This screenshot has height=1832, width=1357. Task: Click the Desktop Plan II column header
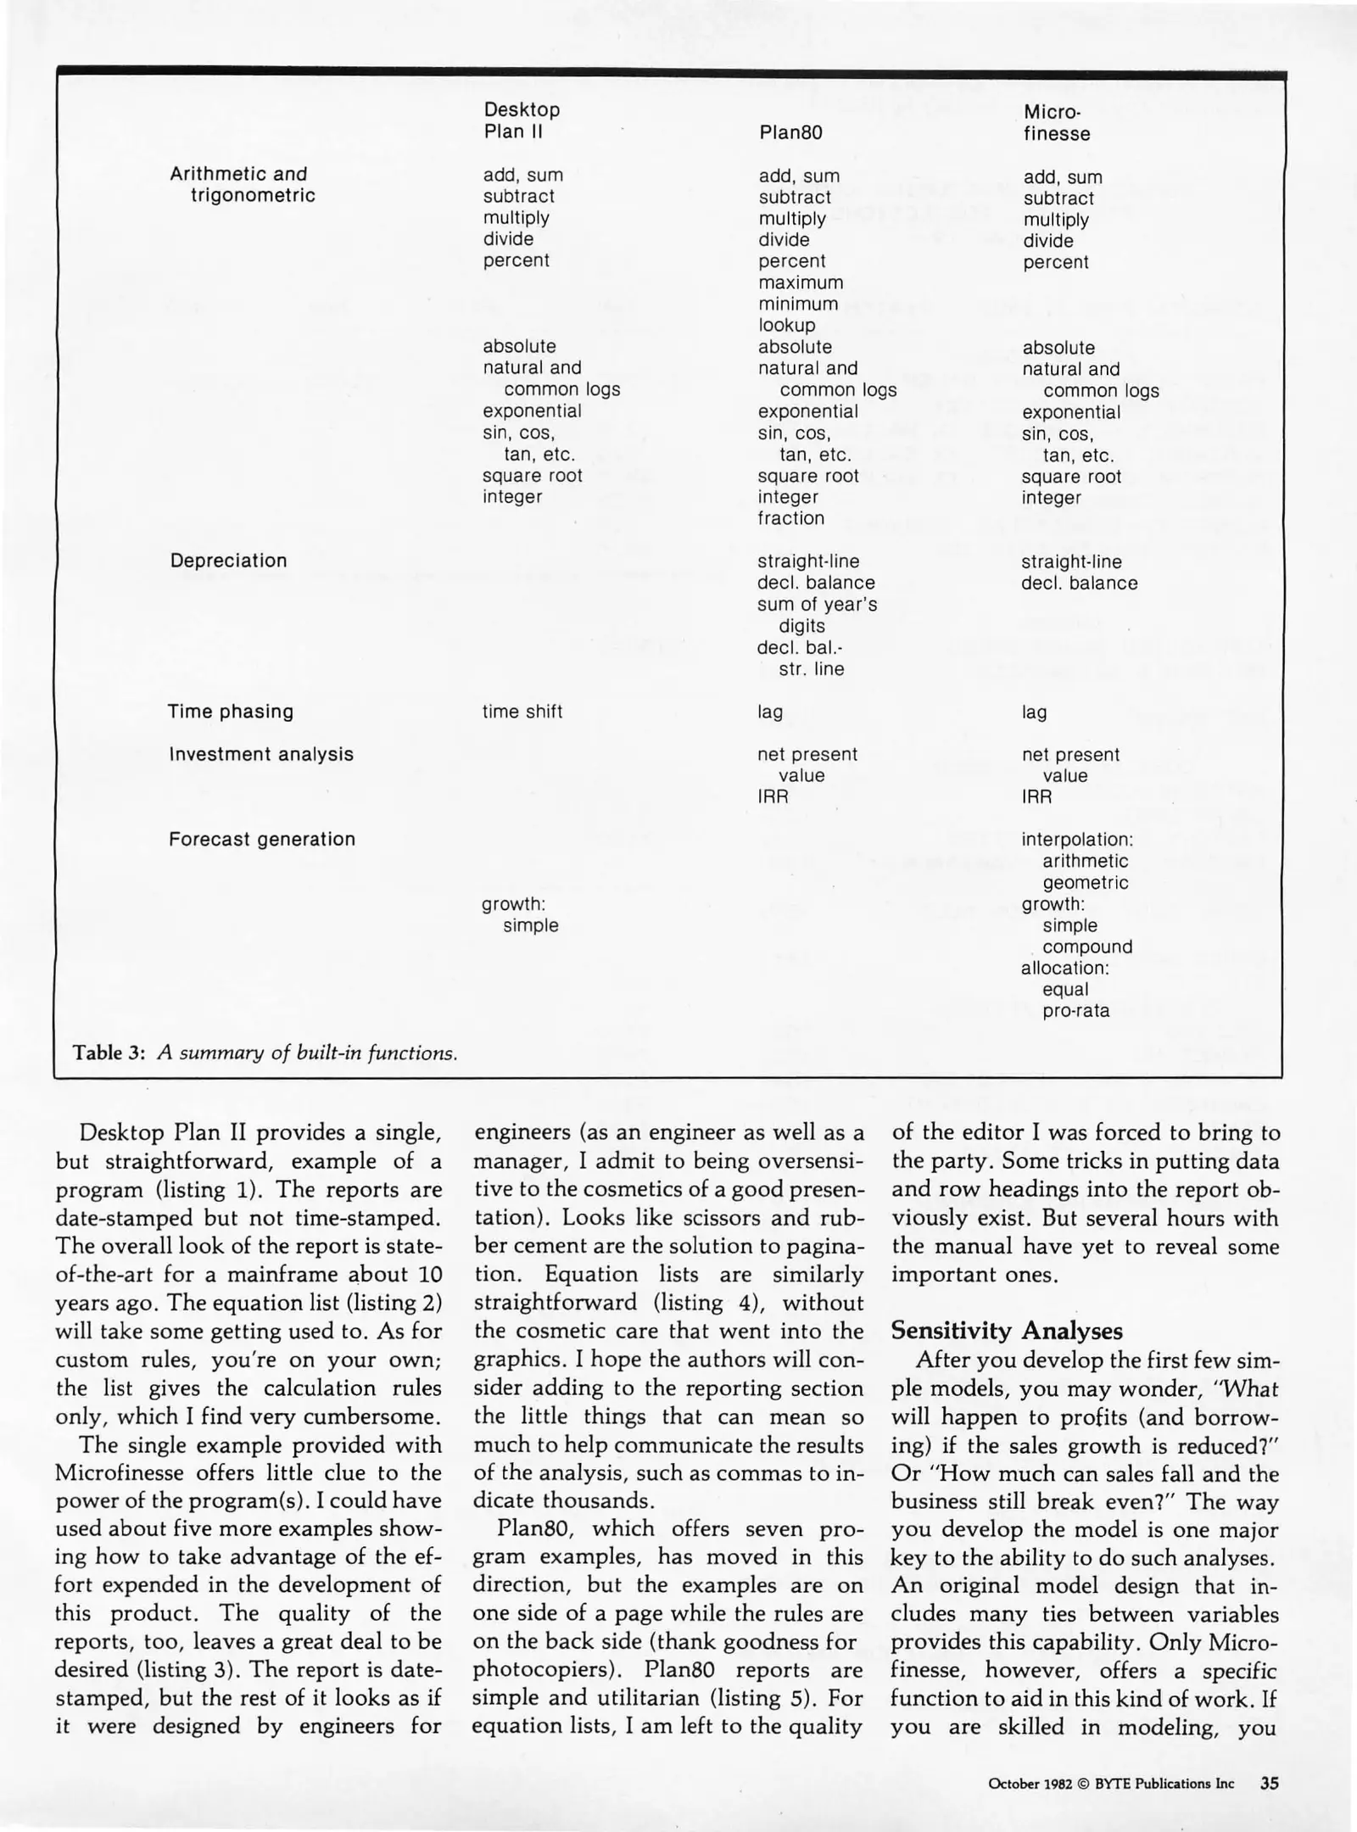[522, 120]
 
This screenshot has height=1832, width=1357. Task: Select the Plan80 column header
[790, 132]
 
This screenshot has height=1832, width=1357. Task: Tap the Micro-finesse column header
[1056, 122]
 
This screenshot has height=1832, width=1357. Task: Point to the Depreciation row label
[228, 561]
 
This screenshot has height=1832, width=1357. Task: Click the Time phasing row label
[230, 712]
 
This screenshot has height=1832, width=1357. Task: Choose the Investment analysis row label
[261, 754]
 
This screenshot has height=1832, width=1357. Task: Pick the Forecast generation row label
[262, 839]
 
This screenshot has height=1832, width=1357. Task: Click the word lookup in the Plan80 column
[786, 325]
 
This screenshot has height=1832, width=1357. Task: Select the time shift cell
[522, 712]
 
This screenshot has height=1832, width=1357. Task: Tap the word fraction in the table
[790, 518]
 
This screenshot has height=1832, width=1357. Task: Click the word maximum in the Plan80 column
[801, 282]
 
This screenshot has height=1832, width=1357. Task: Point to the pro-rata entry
[1075, 1011]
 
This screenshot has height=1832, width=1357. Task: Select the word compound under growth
[1087, 947]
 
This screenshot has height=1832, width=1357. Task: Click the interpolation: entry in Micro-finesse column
[1077, 840]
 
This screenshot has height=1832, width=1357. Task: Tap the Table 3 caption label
[110, 1053]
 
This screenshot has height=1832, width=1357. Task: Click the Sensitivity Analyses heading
[1007, 1331]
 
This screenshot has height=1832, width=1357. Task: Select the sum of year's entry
[817, 604]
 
